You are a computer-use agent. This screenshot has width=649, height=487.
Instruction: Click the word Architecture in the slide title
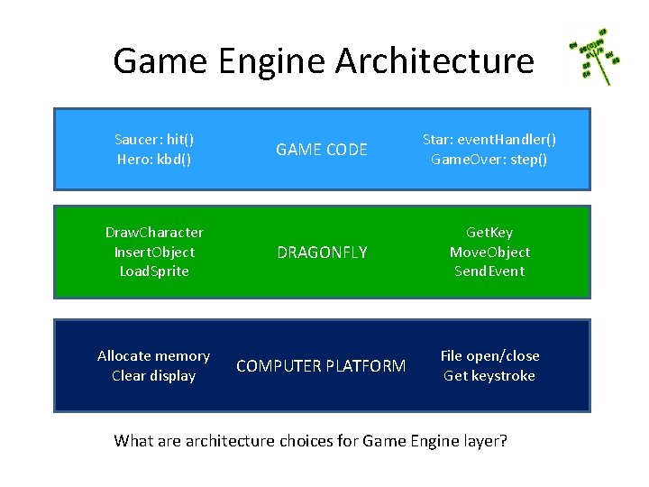(x=434, y=61)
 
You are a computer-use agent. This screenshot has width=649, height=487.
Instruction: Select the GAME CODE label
(x=322, y=150)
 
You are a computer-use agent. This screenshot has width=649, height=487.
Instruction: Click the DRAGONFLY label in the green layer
(x=322, y=253)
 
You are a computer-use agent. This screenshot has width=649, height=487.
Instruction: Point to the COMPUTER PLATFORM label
(x=321, y=366)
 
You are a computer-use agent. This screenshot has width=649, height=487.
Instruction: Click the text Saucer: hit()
(x=154, y=140)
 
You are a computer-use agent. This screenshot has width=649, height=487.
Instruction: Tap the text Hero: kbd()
(x=154, y=160)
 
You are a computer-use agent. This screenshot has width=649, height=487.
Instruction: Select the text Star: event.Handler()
(x=489, y=140)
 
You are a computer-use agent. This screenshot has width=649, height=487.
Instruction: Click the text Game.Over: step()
(x=489, y=160)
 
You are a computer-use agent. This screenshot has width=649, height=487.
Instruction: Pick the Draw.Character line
(x=154, y=233)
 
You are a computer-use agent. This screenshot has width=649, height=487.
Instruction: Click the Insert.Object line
(x=154, y=252)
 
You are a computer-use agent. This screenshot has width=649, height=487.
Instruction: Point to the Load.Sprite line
(x=154, y=271)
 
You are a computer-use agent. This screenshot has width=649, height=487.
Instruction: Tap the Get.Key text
(x=489, y=233)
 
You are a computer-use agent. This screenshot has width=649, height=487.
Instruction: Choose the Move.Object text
(x=489, y=252)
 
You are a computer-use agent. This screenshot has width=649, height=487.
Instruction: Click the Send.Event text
(x=489, y=271)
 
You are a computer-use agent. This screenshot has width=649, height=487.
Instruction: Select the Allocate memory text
(x=154, y=356)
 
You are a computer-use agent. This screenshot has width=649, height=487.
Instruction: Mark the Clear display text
(x=154, y=376)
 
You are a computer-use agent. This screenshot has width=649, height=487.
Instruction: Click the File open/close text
(x=489, y=356)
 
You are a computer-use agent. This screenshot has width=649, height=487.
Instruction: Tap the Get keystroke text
(x=489, y=376)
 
